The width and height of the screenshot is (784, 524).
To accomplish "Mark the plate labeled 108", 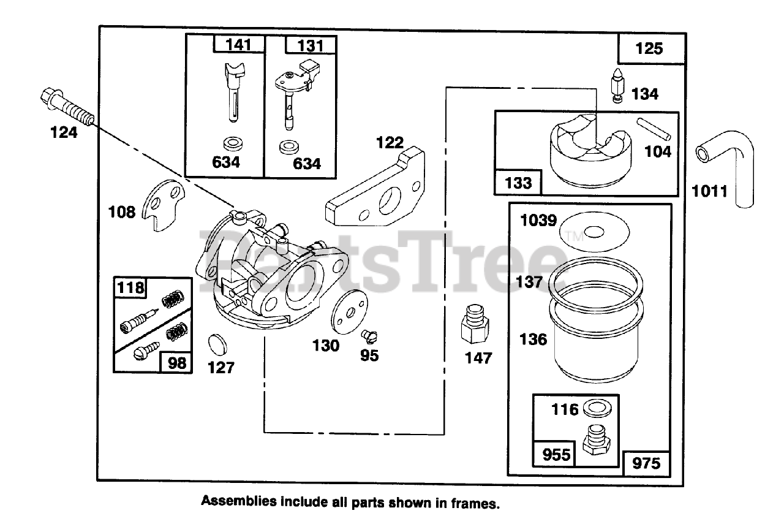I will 162,206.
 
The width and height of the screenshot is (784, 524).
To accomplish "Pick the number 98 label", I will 176,363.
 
